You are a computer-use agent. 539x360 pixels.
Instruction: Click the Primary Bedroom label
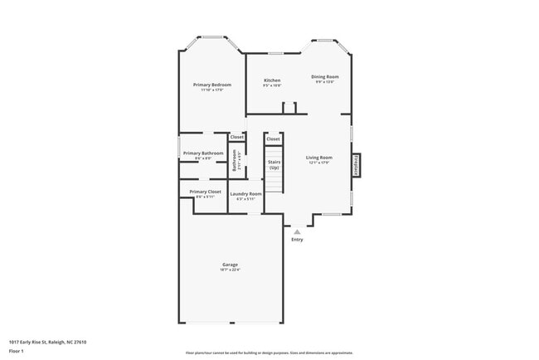[x=211, y=85]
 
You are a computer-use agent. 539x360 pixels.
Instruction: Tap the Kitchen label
[x=272, y=80]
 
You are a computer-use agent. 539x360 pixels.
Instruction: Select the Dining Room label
[x=325, y=77]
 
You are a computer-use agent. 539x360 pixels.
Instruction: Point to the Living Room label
[x=318, y=158]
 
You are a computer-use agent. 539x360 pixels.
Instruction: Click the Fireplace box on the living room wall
[x=357, y=164]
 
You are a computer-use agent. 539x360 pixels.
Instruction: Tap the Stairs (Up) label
[x=274, y=165]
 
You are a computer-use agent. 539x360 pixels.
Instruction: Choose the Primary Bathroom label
[x=202, y=153]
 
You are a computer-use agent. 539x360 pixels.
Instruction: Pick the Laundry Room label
[x=245, y=193]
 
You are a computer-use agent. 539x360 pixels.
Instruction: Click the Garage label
[x=230, y=265]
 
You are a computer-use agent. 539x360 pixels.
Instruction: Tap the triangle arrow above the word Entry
[x=297, y=232]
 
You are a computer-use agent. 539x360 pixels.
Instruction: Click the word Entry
[x=297, y=240]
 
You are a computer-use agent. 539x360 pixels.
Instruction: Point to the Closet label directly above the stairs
[x=273, y=139]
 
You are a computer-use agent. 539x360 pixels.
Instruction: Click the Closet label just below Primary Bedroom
[x=237, y=137]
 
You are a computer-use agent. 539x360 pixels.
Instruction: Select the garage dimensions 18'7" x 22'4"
[x=230, y=270]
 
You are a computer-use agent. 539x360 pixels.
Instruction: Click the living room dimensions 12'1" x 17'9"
[x=318, y=163]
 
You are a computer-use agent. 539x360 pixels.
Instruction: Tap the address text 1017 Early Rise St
[x=47, y=342]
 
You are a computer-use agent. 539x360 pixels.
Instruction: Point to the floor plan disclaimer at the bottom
[x=269, y=352]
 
